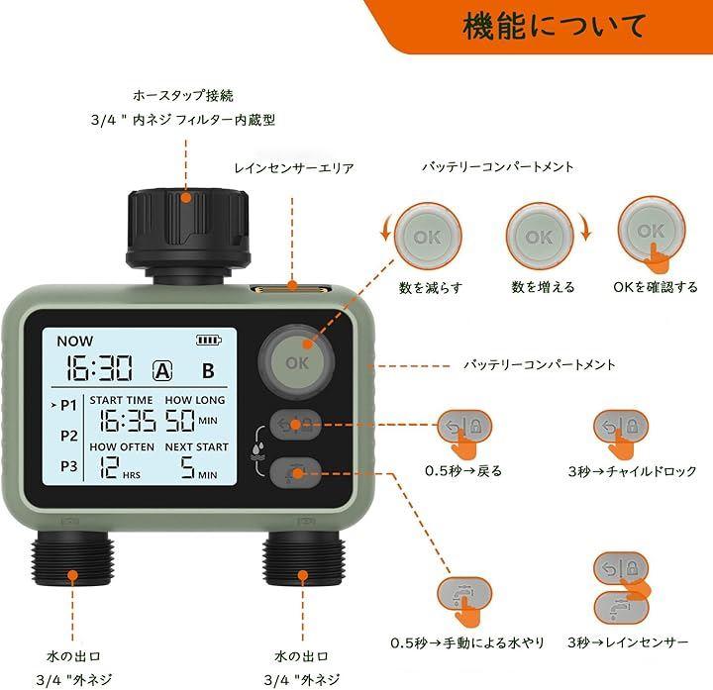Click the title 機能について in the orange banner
tap(554, 26)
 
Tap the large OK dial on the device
tap(297, 361)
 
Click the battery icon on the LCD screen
tap(209, 340)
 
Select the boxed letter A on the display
tap(162, 370)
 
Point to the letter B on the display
tap(208, 371)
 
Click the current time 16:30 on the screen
tap(100, 367)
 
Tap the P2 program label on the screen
tap(69, 436)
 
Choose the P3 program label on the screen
tap(69, 466)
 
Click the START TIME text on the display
tap(121, 400)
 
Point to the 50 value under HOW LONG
tap(179, 420)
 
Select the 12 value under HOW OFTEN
tap(110, 467)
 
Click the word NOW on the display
tap(74, 341)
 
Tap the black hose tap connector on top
tap(188, 232)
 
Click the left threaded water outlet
tap(72, 558)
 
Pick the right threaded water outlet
tap(302, 558)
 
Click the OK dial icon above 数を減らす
tap(428, 237)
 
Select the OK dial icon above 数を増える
tap(540, 237)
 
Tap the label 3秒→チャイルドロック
tap(632, 471)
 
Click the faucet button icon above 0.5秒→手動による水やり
tap(464, 595)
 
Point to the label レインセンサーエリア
tap(294, 168)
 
